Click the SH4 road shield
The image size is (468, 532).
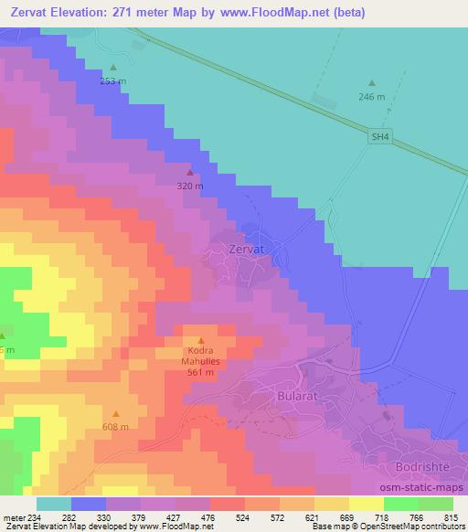380,137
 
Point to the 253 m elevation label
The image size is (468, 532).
113,80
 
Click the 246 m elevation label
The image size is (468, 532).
373,96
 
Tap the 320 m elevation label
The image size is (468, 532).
190,186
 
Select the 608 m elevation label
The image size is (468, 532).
115,427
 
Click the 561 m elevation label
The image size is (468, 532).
201,372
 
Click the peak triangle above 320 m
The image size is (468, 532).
190,172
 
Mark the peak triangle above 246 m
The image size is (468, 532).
372,83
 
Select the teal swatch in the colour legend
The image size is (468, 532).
54,503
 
